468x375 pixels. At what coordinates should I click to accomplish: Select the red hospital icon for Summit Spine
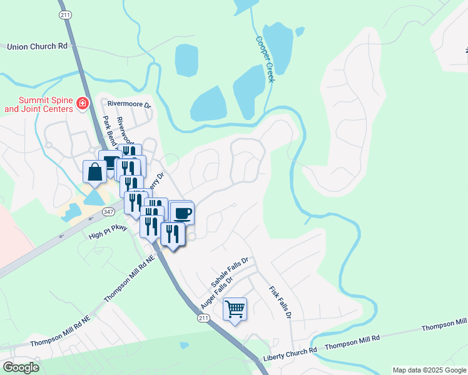tap(81, 103)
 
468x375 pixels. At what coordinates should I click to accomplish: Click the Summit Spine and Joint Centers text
tap(38, 104)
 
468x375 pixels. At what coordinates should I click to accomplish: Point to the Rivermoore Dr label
tap(130, 104)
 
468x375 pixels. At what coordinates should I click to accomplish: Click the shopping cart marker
tap(235, 309)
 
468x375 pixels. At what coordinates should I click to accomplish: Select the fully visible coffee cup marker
tap(182, 213)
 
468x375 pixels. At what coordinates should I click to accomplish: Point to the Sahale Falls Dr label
tap(230, 268)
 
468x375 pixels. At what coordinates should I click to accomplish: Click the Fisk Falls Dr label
tap(280, 302)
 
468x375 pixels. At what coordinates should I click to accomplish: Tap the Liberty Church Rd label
tap(290, 349)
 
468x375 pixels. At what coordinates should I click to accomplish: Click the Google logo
tap(20, 367)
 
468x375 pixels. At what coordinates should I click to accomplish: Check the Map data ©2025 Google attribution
tap(429, 370)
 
